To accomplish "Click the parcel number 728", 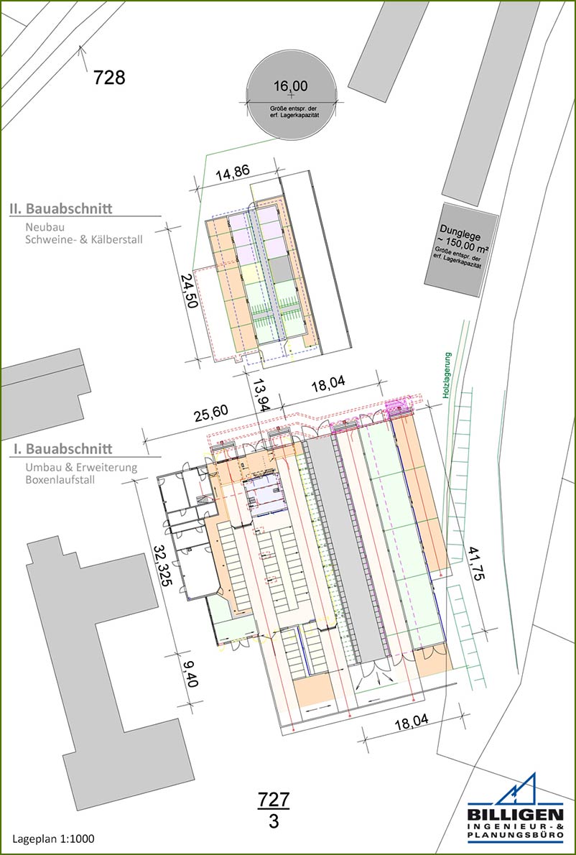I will pyautogui.click(x=109, y=78).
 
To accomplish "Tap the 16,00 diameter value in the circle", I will pyautogui.click(x=290, y=86).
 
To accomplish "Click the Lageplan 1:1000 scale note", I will pyautogui.click(x=53, y=838).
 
